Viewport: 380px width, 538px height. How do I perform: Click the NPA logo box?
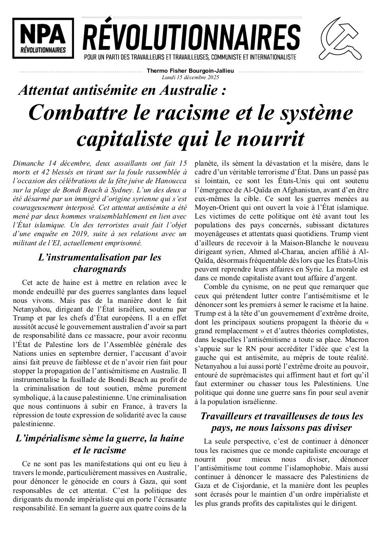pyautogui.click(x=43, y=38)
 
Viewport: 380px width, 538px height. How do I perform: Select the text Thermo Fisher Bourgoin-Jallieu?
pyautogui.click(x=190, y=71)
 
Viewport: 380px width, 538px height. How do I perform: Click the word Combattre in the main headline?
pyautogui.click(x=81, y=113)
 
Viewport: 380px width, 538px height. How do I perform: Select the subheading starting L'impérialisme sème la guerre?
pyautogui.click(x=99, y=444)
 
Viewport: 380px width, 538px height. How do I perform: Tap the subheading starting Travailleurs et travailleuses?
pyautogui.click(x=282, y=422)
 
